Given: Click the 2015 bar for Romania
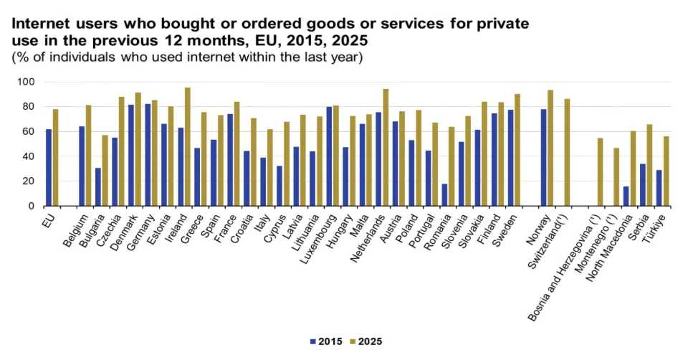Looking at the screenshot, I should (x=444, y=195).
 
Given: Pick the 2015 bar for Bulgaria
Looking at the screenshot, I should (x=97, y=187).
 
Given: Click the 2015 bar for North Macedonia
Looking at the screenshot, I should (x=626, y=196).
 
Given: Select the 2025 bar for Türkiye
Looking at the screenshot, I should (x=666, y=171).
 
